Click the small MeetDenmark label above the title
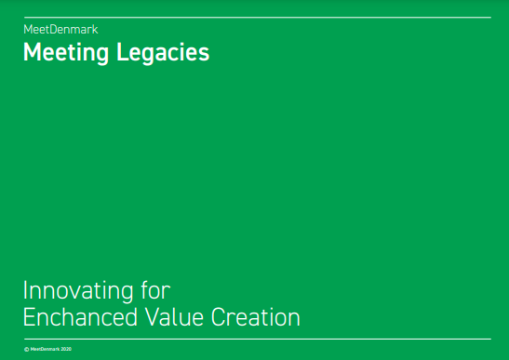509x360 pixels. tap(60, 30)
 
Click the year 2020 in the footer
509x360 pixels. tap(66, 349)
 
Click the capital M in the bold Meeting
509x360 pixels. tap(31, 53)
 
